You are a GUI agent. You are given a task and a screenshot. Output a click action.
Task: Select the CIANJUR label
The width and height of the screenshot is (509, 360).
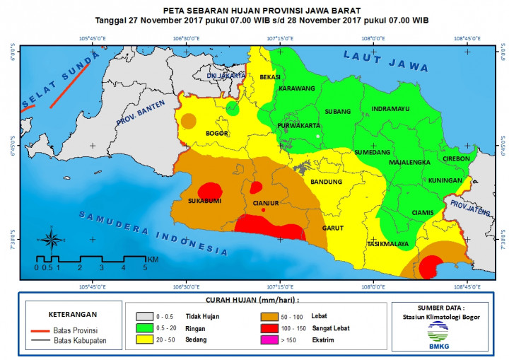[266, 202]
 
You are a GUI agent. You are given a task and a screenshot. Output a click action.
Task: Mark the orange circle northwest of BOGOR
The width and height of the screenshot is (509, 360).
[188, 120]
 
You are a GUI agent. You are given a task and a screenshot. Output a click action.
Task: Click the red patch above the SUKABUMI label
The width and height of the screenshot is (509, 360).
[209, 190]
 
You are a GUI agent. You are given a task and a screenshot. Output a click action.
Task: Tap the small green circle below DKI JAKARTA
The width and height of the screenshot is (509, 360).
[233, 108]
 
